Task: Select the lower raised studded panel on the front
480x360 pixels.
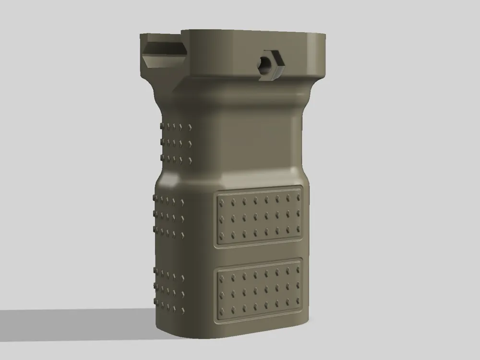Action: [260, 290]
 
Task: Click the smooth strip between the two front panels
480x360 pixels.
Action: [260, 253]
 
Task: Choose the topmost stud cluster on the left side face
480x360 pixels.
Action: [175, 142]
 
